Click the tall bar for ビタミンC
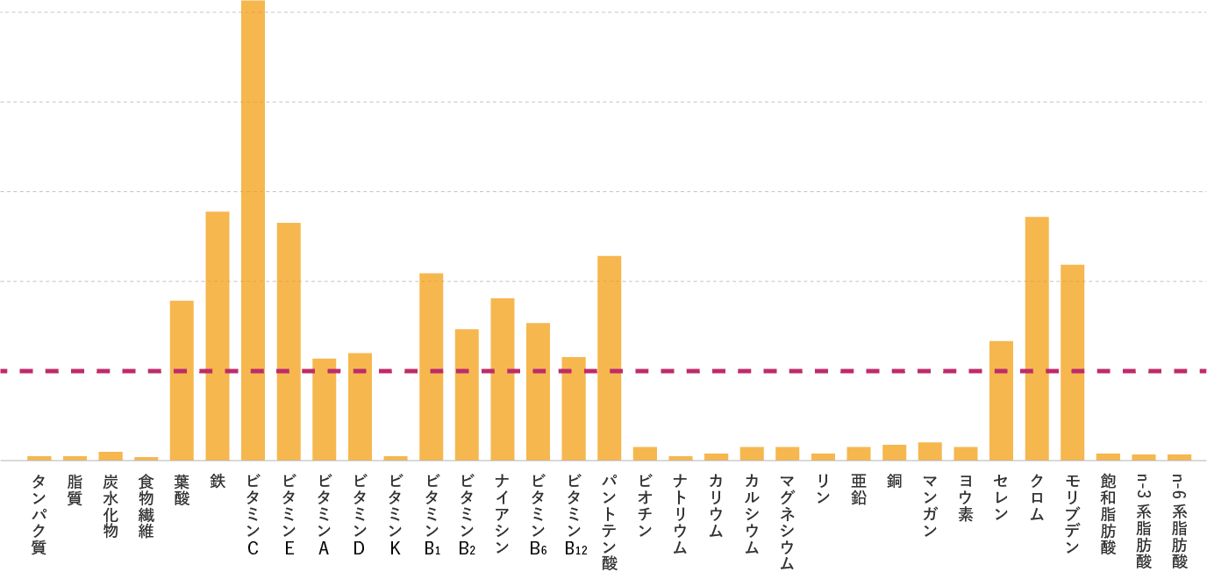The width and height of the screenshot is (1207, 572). point(253,228)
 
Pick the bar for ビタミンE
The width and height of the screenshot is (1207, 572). point(289,341)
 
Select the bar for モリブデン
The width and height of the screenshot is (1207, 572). point(1073,361)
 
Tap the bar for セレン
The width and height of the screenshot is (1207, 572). point(1001,400)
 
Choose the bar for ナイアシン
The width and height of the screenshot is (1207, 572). point(503,379)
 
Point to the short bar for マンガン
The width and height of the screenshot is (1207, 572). point(930,451)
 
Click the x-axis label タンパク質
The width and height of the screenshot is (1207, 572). point(39,515)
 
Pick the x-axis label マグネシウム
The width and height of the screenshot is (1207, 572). point(788,522)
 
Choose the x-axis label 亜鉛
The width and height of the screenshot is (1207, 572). point(859,490)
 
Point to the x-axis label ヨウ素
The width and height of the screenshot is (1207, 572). point(966,498)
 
